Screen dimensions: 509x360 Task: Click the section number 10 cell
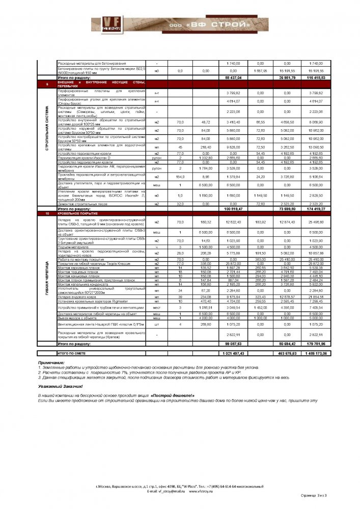pos(47,213)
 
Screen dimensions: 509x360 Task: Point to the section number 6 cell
pos(47,84)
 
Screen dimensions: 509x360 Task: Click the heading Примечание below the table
pos(50,362)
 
